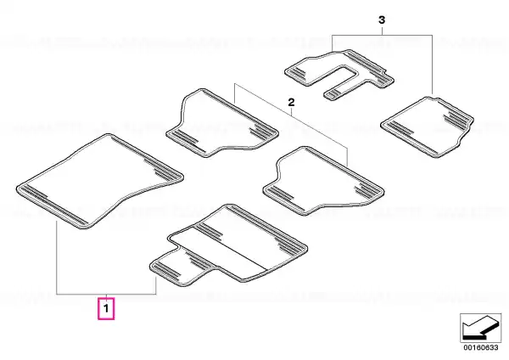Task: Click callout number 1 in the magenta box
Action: coord(106,308)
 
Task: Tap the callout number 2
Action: coord(292,103)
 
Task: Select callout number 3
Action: coord(382,20)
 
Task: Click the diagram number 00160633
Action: coord(480,347)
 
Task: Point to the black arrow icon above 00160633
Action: coord(480,328)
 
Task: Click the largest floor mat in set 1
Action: coord(100,182)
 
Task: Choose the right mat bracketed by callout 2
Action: coord(323,181)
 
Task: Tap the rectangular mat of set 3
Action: coord(428,127)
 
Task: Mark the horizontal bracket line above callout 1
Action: coord(107,294)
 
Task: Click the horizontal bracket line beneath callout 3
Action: coord(382,35)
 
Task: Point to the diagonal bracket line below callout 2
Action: coord(291,116)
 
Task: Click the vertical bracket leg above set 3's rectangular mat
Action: coord(433,65)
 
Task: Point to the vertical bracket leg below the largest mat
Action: coord(57,257)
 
